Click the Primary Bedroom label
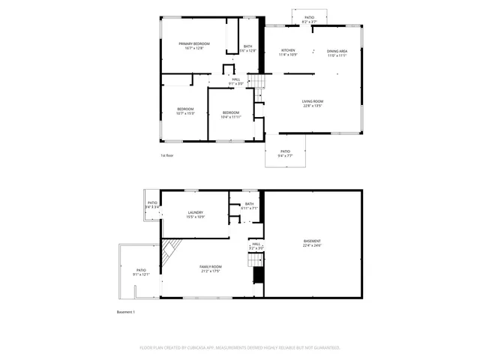(193, 44)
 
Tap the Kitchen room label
(288, 50)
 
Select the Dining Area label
(337, 51)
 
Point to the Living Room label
(313, 101)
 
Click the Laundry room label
(196, 212)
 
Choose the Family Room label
(210, 266)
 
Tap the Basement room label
(312, 241)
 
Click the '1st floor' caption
(166, 155)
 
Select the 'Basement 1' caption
(125, 311)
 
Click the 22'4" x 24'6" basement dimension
(312, 245)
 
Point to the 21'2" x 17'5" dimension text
(210, 271)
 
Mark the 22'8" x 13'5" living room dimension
(313, 106)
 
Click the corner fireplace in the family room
(172, 250)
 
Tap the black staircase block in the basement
(259, 275)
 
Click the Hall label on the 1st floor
(236, 79)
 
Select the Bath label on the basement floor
(249, 203)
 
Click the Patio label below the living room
(285, 151)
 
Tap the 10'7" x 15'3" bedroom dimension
(185, 113)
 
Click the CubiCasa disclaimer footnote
(240, 347)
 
